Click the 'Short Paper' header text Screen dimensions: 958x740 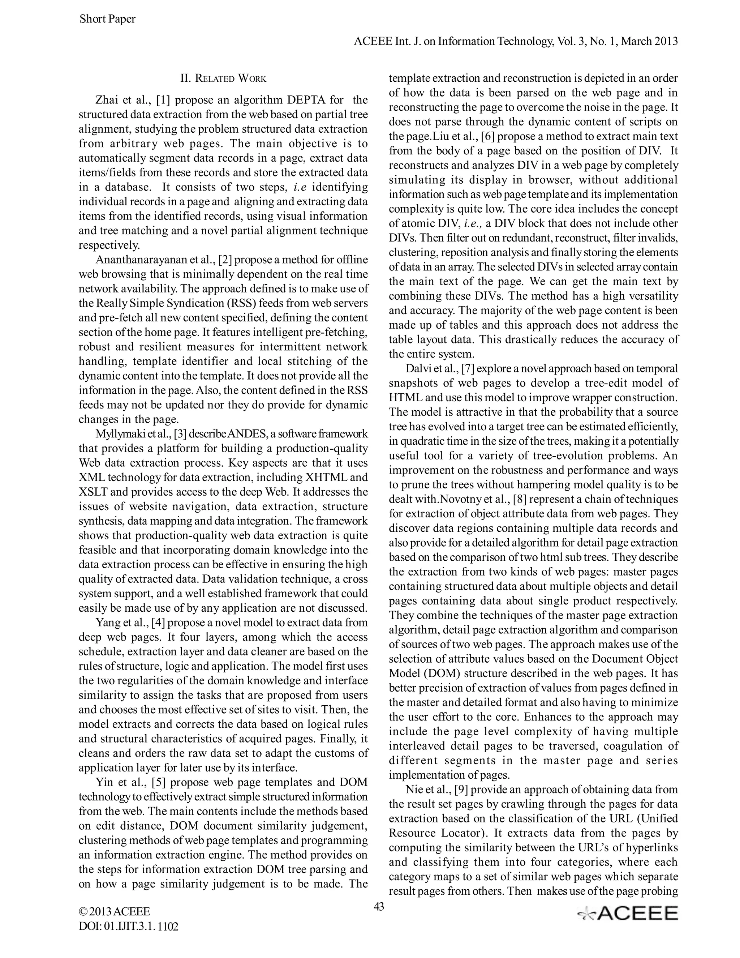tap(107, 19)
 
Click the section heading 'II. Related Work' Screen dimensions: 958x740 tap(223, 78)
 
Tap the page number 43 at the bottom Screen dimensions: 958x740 tap(379, 906)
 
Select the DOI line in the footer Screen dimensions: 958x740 tap(128, 927)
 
